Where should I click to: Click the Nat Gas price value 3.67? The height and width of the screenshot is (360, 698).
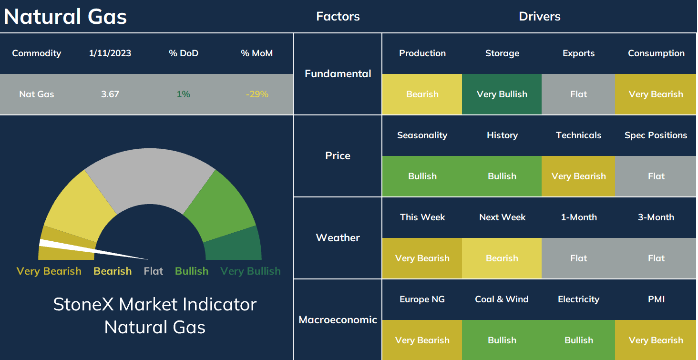[x=110, y=94]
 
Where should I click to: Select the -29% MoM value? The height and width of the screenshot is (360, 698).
[x=257, y=94]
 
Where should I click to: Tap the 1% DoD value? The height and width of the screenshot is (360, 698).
[x=183, y=94]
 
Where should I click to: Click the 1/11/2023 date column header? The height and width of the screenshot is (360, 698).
[x=110, y=53]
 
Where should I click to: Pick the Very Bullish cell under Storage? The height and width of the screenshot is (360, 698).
[x=502, y=94]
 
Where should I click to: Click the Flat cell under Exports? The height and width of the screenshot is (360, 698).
[x=578, y=94]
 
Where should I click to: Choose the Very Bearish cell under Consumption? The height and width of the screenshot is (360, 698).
[x=656, y=94]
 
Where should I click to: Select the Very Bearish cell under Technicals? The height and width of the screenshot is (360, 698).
[x=578, y=176]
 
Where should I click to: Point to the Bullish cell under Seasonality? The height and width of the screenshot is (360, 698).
[x=422, y=176]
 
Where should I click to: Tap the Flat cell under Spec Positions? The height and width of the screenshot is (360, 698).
[x=656, y=176]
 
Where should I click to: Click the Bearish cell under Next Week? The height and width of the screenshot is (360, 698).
[x=502, y=258]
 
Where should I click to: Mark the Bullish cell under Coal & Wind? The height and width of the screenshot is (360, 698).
[x=502, y=340]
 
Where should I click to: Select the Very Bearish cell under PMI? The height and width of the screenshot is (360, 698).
[x=656, y=340]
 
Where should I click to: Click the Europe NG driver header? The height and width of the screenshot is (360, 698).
[x=422, y=299]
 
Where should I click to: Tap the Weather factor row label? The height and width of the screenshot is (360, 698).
[x=338, y=238]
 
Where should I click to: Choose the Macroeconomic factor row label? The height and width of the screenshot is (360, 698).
[x=338, y=320]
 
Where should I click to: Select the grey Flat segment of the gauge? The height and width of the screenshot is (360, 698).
[x=150, y=178]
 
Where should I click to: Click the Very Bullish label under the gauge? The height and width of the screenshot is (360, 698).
[x=250, y=271]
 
